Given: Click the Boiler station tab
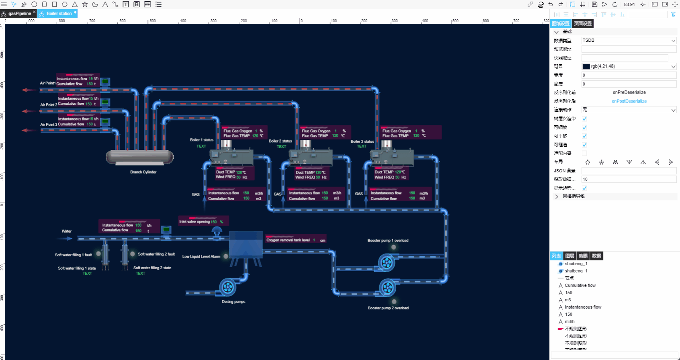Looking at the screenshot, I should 59,14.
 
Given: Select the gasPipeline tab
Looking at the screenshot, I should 19,14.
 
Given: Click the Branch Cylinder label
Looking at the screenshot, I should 143,172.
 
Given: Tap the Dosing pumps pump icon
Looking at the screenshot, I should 227,287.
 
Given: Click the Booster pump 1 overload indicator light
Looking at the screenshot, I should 393,247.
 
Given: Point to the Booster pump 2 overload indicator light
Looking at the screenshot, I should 394,301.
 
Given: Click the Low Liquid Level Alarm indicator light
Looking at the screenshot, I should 226,256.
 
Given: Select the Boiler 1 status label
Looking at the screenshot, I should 201,140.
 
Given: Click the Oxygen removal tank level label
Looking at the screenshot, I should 288,240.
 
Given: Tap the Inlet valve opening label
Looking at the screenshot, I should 195,221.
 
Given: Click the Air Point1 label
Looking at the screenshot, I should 47,83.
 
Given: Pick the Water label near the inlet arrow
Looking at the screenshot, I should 67,231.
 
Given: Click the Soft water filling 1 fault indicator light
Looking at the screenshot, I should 98,254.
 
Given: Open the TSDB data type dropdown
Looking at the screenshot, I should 629,41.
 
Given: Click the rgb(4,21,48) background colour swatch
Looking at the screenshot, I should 586,67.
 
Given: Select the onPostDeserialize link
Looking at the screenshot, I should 629,101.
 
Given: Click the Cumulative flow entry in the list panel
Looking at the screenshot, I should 580,285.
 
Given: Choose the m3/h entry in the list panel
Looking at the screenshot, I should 569,321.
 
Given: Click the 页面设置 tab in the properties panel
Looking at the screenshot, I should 583,24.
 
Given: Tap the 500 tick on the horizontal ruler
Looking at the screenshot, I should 455,21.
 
